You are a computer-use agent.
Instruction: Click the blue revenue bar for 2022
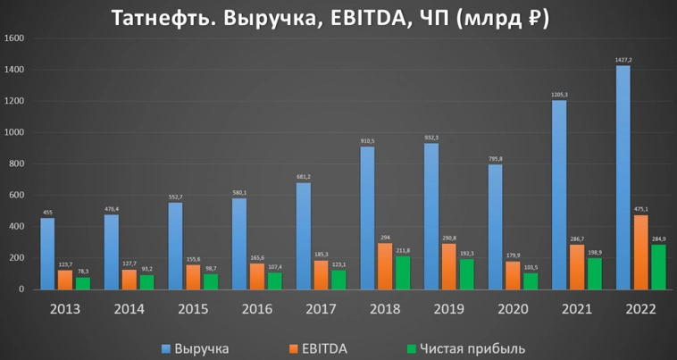pos(623,178)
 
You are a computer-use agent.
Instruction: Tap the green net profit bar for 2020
pos(531,281)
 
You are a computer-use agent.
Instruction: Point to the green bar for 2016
pos(274,280)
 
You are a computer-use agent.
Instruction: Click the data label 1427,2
pos(623,60)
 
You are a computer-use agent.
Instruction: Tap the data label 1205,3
pos(558,95)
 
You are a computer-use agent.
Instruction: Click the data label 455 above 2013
pos(46,213)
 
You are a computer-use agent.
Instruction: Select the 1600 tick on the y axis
pos(15,39)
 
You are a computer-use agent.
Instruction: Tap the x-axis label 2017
pos(322,309)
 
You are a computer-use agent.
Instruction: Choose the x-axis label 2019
pos(450,309)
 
